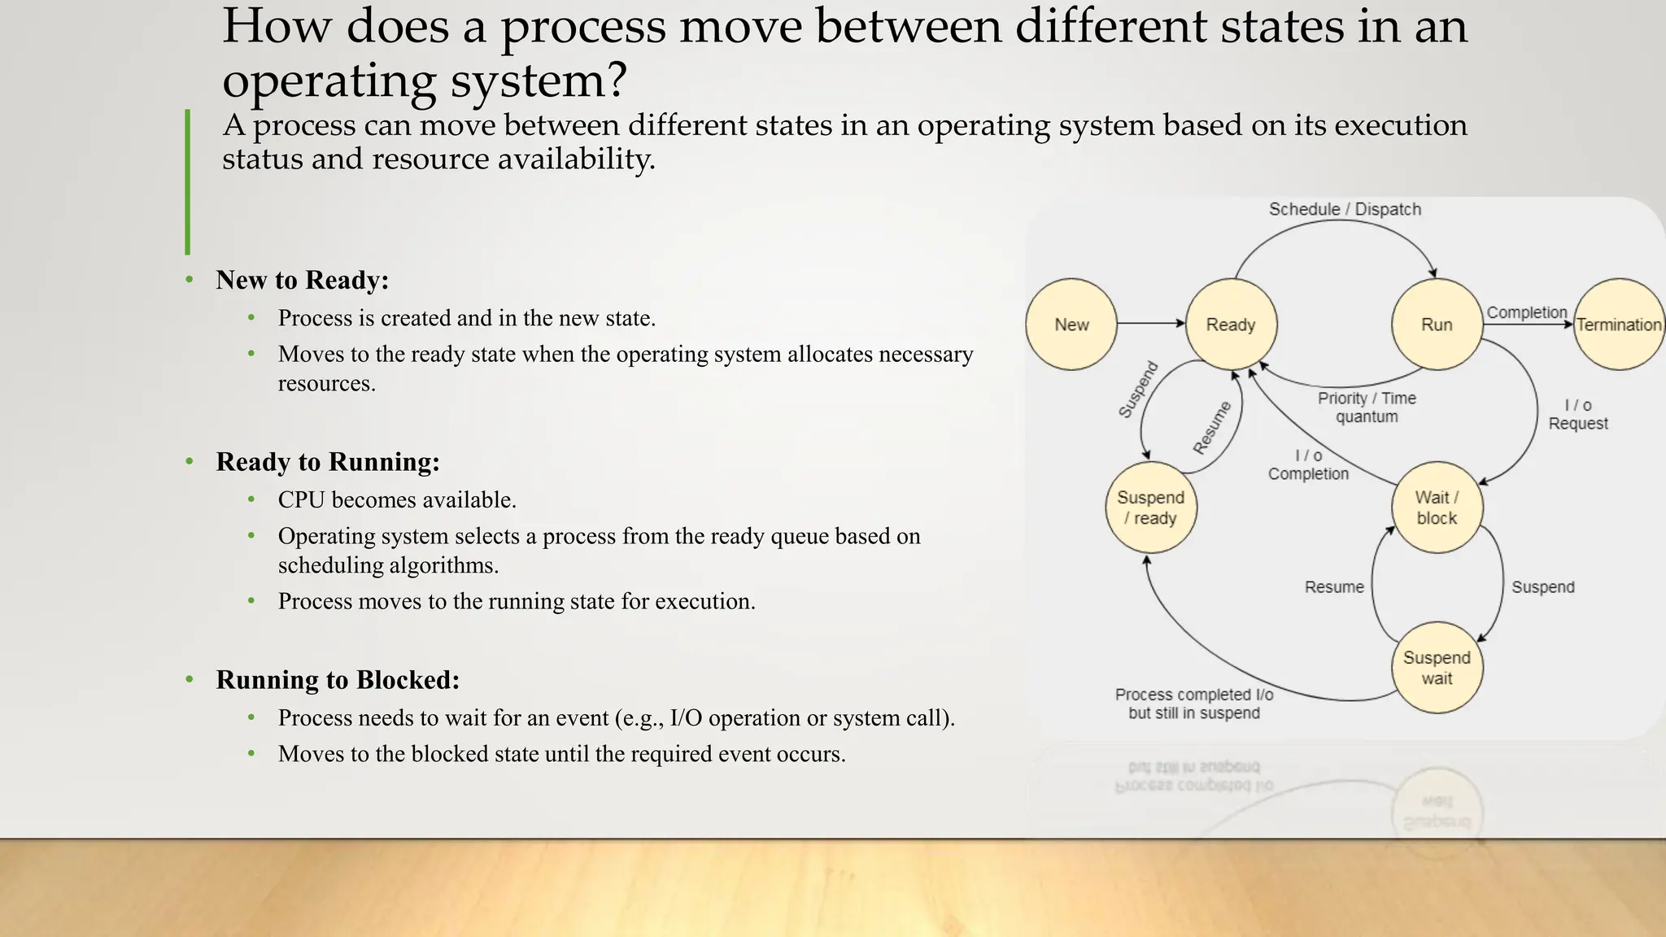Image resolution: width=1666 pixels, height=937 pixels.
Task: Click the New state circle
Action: [x=1071, y=325]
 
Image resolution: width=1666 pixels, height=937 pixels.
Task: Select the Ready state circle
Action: [x=1231, y=325]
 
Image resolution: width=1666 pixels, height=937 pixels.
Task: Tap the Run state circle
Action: [x=1437, y=325]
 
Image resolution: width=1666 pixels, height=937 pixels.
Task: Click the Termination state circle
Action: [x=1619, y=325]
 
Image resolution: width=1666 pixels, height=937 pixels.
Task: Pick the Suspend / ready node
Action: [x=1151, y=508]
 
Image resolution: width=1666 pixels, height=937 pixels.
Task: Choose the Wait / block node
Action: [x=1437, y=508]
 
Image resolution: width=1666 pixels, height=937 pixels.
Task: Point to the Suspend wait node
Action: [x=1437, y=668]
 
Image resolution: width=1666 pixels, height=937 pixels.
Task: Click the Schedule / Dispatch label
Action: [x=1345, y=209]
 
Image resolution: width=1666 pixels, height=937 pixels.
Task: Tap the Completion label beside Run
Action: [x=1527, y=312]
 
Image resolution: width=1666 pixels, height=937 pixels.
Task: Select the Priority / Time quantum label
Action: [x=1367, y=407]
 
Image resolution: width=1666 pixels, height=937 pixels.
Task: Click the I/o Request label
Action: [x=1578, y=414]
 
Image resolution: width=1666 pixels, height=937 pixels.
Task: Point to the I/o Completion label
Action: [x=1308, y=464]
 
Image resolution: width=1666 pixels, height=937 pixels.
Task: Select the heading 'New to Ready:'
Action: [x=303, y=280]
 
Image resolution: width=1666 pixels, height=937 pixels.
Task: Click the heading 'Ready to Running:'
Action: [x=328, y=462]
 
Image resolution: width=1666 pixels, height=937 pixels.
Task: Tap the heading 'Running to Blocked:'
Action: [x=338, y=680]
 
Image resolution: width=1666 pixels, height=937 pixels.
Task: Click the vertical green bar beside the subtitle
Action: [x=188, y=182]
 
